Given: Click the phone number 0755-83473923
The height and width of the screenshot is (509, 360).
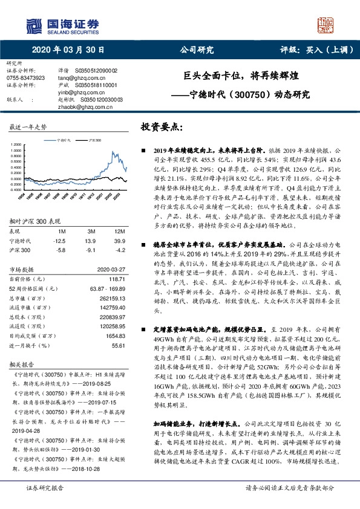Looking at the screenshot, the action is click(x=25, y=78).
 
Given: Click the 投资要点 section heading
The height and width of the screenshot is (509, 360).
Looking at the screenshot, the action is click(x=162, y=128).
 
